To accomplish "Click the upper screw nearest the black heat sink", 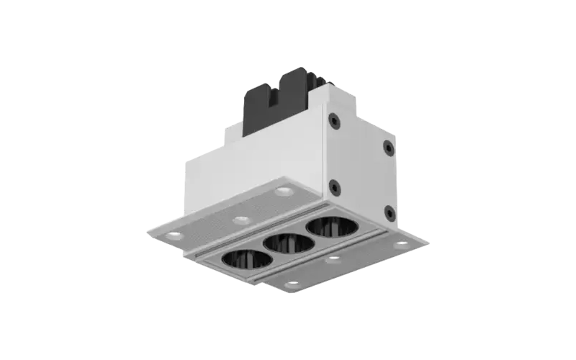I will [x=333, y=120].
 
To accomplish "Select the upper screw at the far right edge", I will [x=388, y=148].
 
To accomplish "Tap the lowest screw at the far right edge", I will [x=389, y=212].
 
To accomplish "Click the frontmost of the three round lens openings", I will [x=247, y=260].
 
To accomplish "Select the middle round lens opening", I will [x=288, y=242].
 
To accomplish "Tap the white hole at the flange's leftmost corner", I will [x=174, y=235].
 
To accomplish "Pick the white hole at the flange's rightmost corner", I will [x=401, y=244].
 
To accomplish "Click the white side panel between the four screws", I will [x=361, y=166].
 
